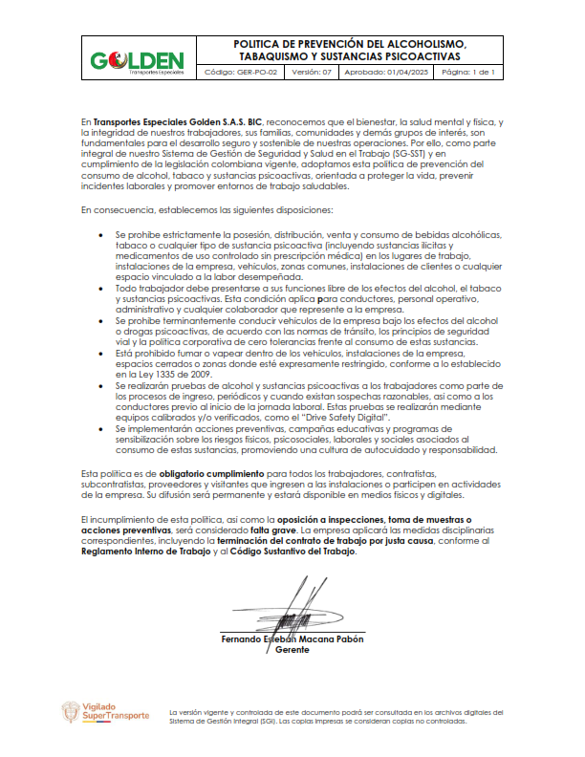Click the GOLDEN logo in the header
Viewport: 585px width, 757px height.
pos(136,61)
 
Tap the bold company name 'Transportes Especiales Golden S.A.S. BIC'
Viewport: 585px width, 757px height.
pos(178,123)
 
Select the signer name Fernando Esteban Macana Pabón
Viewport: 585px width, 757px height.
pos(292,638)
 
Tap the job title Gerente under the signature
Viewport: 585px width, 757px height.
pos(292,650)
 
